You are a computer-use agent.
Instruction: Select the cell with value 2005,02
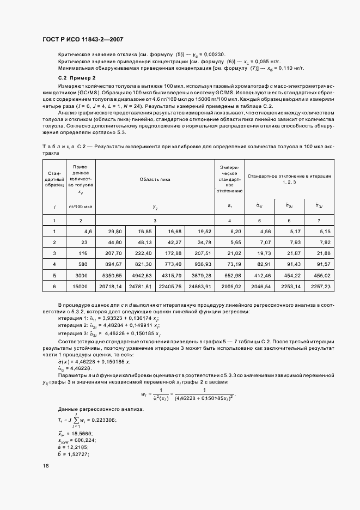coord(230,286)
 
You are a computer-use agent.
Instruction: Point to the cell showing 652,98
coord(230,275)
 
